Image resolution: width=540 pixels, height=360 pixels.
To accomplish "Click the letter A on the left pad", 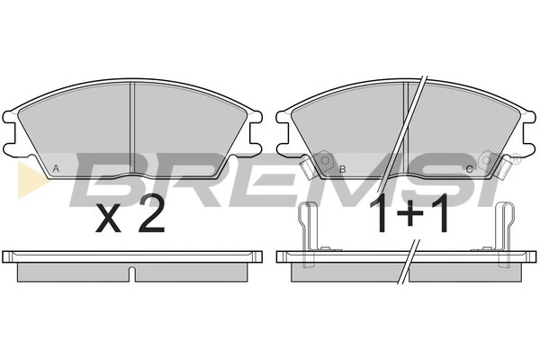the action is tap(56, 169).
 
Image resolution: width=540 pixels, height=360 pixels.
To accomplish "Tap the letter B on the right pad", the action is tap(342, 169).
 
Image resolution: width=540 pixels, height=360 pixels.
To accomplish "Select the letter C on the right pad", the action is tap(470, 169).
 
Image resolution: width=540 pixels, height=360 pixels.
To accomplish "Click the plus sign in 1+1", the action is tap(409, 212).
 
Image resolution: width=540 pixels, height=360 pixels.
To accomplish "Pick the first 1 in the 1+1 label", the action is tap(382, 213).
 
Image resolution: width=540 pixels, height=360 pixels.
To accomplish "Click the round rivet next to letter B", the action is tap(325, 160).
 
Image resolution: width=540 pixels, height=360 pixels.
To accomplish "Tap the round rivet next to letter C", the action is tap(486, 160).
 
